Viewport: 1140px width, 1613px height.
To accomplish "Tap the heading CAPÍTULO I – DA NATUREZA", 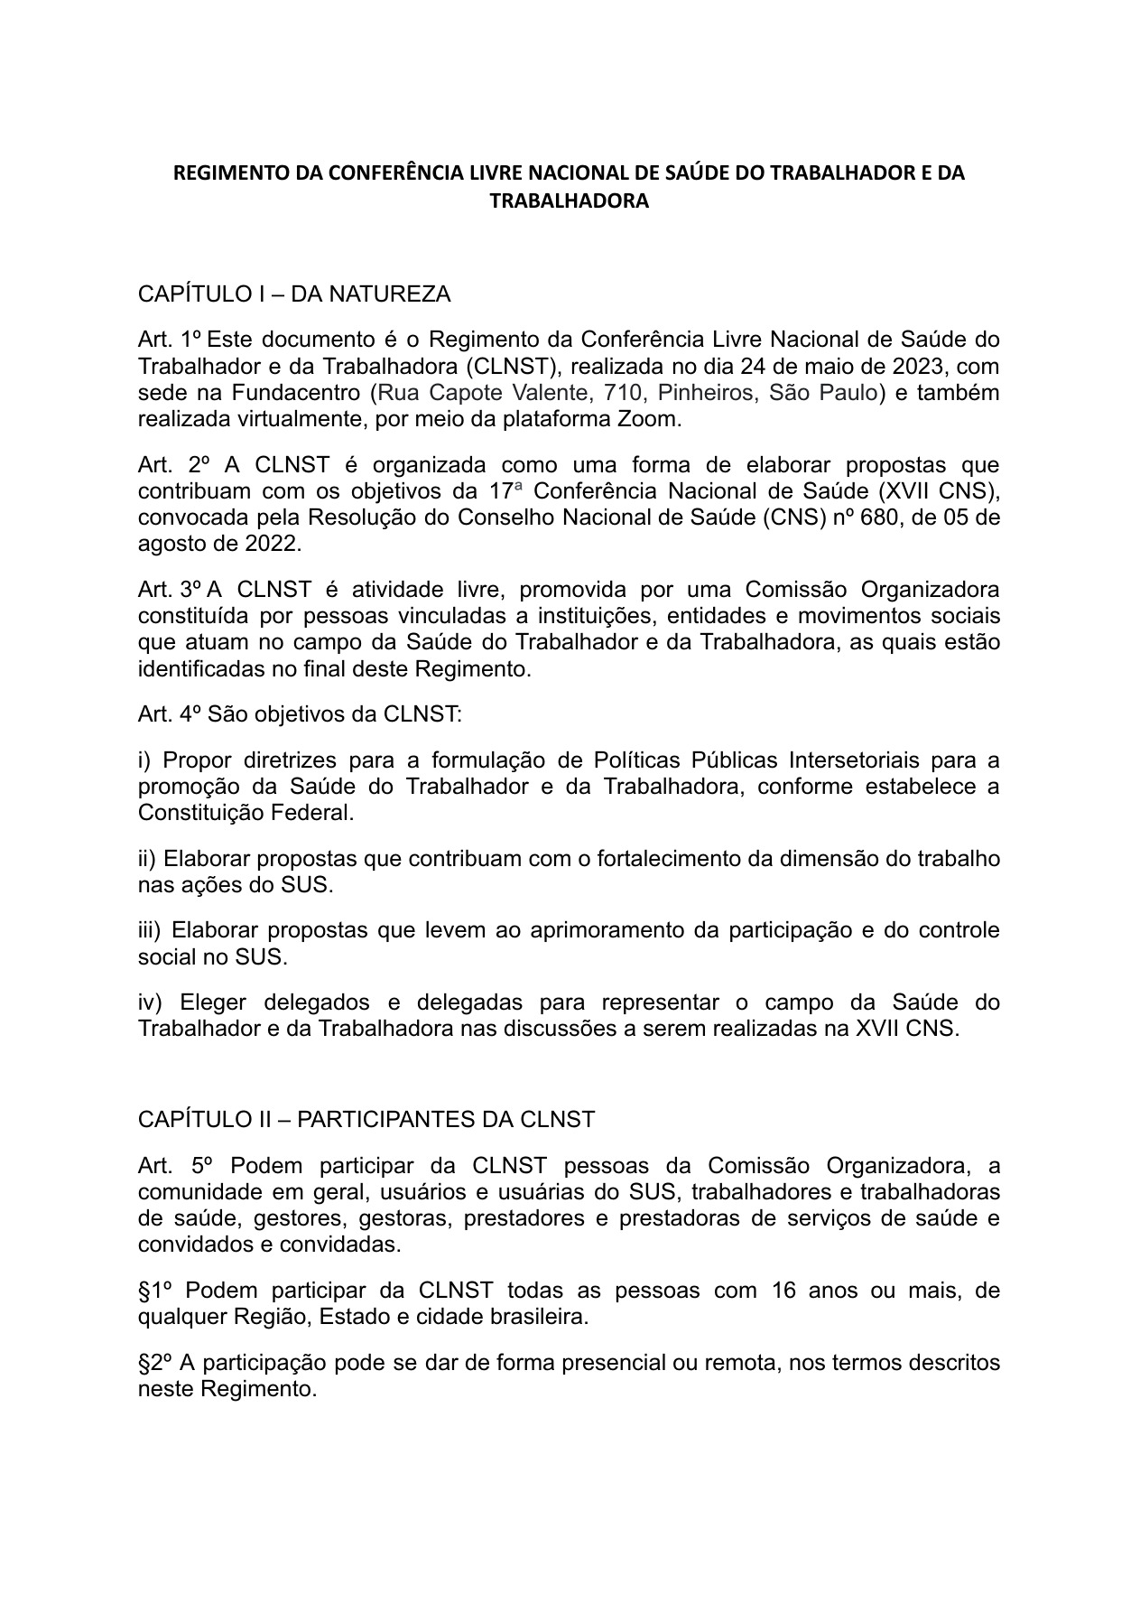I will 293,294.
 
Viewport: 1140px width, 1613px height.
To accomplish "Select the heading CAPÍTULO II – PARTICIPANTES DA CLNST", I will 366,1120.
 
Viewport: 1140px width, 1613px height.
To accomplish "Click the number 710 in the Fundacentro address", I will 622,393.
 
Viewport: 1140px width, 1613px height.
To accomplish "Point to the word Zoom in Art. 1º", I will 652,419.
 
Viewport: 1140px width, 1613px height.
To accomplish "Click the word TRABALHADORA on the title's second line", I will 569,200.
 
